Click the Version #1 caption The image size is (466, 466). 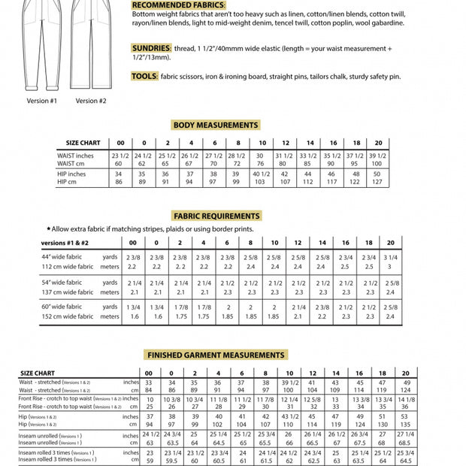[x=41, y=100]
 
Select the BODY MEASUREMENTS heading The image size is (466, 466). [x=216, y=125]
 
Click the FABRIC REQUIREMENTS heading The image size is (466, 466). [x=216, y=216]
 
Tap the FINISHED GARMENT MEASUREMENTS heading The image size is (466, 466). [x=216, y=355]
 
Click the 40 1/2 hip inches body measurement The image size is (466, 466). [x=262, y=174]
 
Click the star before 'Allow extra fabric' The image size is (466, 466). [x=49, y=228]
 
